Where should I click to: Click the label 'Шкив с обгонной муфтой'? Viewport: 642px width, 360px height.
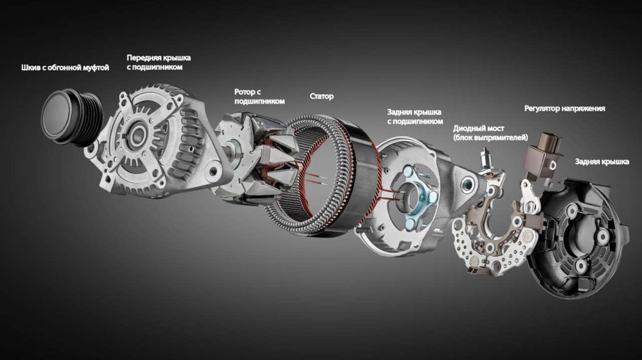pos(65,68)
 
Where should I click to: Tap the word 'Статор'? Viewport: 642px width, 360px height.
pos(322,96)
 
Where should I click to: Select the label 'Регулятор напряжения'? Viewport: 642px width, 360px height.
pos(565,109)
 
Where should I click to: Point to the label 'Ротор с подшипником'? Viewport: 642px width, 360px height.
pos(259,97)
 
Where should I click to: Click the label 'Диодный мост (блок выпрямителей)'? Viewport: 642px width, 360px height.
pos(490,133)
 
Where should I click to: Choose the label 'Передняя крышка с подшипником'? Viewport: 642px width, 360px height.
pos(159,62)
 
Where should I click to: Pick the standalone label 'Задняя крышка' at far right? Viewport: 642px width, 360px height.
pos(602,162)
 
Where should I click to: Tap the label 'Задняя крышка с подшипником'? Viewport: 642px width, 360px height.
pos(415,117)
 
